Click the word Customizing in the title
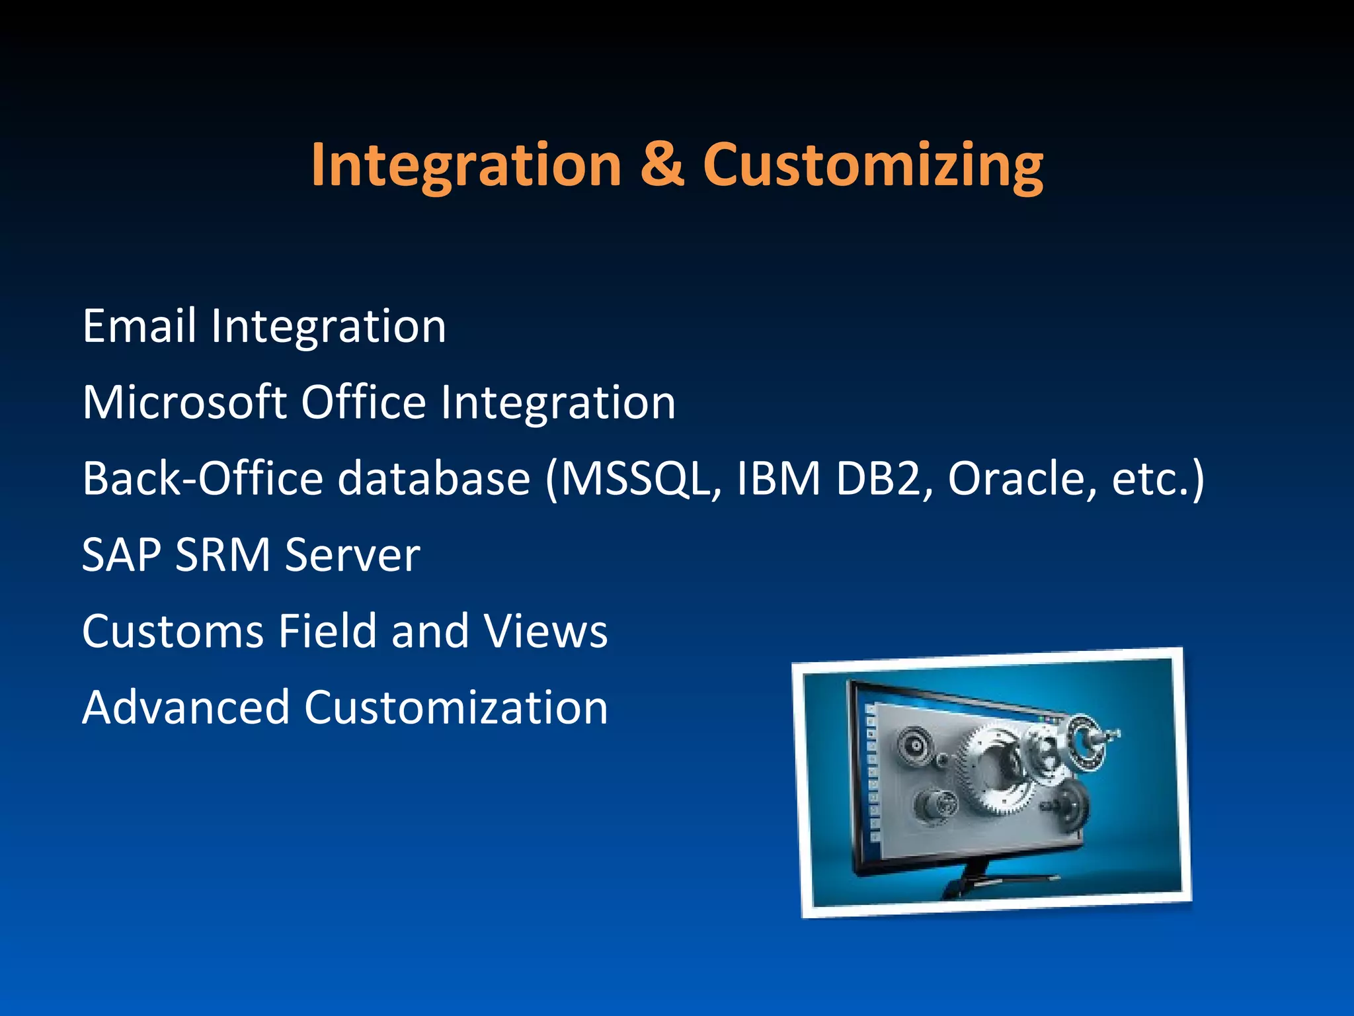pyautogui.click(x=873, y=165)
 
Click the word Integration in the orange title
pyautogui.click(x=466, y=165)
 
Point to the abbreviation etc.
pyautogui.click(x=1150, y=480)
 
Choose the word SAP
pyautogui.click(x=121, y=555)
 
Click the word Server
pyautogui.click(x=352, y=555)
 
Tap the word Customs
pyautogui.click(x=173, y=631)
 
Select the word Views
pyautogui.click(x=545, y=631)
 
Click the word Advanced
pyautogui.click(x=186, y=707)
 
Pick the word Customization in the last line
pyautogui.click(x=456, y=707)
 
